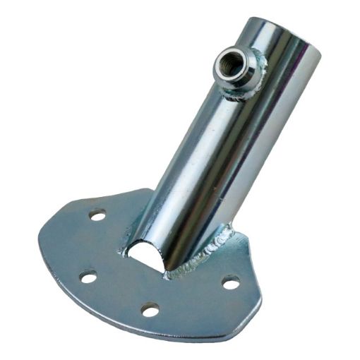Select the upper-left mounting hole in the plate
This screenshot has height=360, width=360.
98,214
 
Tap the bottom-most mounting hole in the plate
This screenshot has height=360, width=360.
150,308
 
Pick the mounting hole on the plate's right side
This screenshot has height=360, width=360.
230,282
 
